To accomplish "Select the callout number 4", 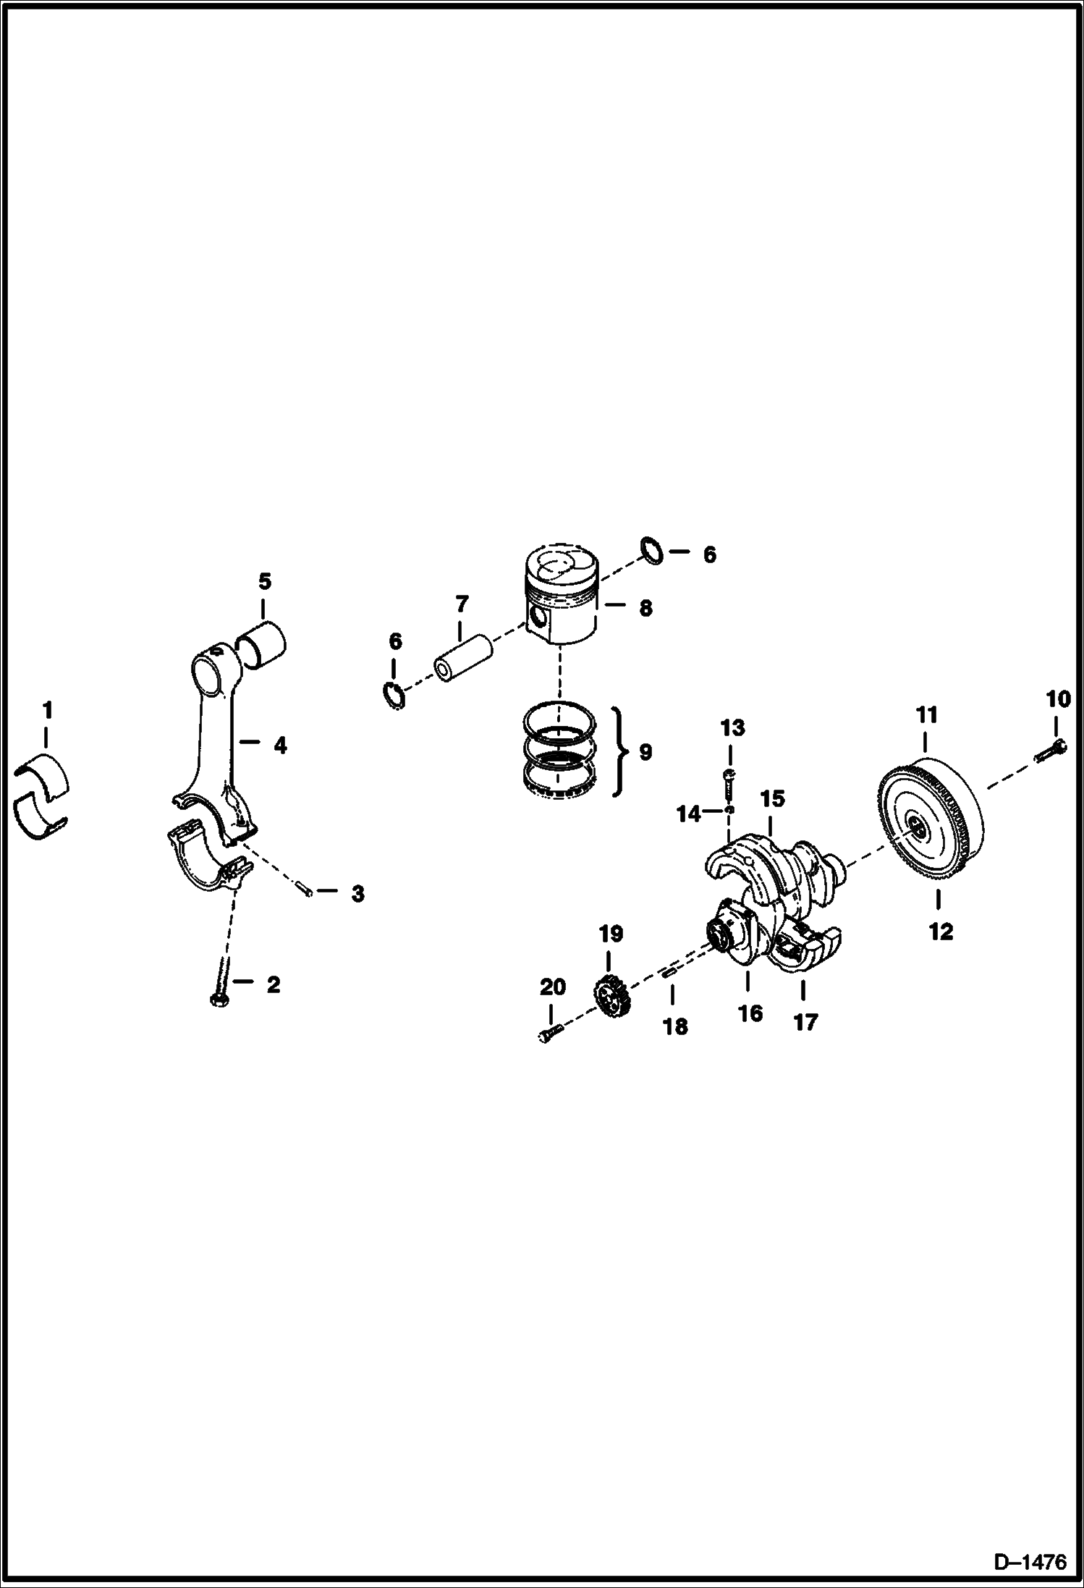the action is [x=280, y=745].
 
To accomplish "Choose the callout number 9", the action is [x=645, y=753].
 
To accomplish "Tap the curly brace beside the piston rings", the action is [x=617, y=752].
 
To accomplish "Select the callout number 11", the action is [x=927, y=715].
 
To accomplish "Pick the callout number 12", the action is [x=941, y=932].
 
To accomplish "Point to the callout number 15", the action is [x=772, y=799].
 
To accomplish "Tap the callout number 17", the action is [x=805, y=1022].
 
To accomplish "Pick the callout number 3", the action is [x=357, y=894].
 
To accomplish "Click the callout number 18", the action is [x=676, y=1026].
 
